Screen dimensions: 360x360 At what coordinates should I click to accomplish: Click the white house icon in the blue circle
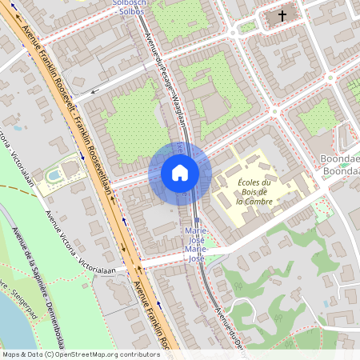[180, 172]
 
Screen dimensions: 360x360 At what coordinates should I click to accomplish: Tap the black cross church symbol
[282, 15]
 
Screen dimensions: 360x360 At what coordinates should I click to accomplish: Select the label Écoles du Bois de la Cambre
[255, 193]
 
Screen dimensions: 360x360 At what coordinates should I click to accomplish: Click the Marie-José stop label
[196, 243]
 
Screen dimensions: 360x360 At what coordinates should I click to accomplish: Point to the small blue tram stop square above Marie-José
[197, 218]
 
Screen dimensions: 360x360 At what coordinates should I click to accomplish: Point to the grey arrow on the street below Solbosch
[95, 90]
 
